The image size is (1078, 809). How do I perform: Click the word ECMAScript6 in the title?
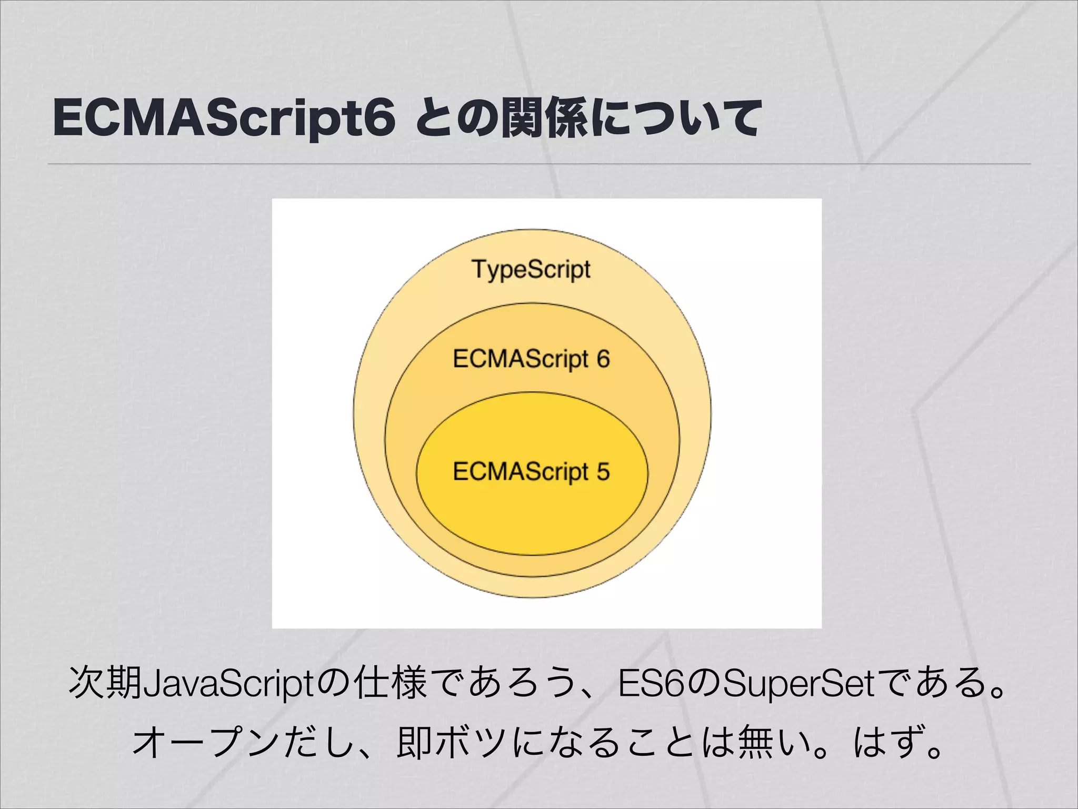224,119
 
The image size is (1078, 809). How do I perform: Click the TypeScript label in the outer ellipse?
531,269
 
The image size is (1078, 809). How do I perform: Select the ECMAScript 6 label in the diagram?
531,359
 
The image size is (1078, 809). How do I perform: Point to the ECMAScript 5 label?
531,471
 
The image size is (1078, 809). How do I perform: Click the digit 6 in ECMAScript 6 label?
603,359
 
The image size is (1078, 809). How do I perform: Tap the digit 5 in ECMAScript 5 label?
603,471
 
